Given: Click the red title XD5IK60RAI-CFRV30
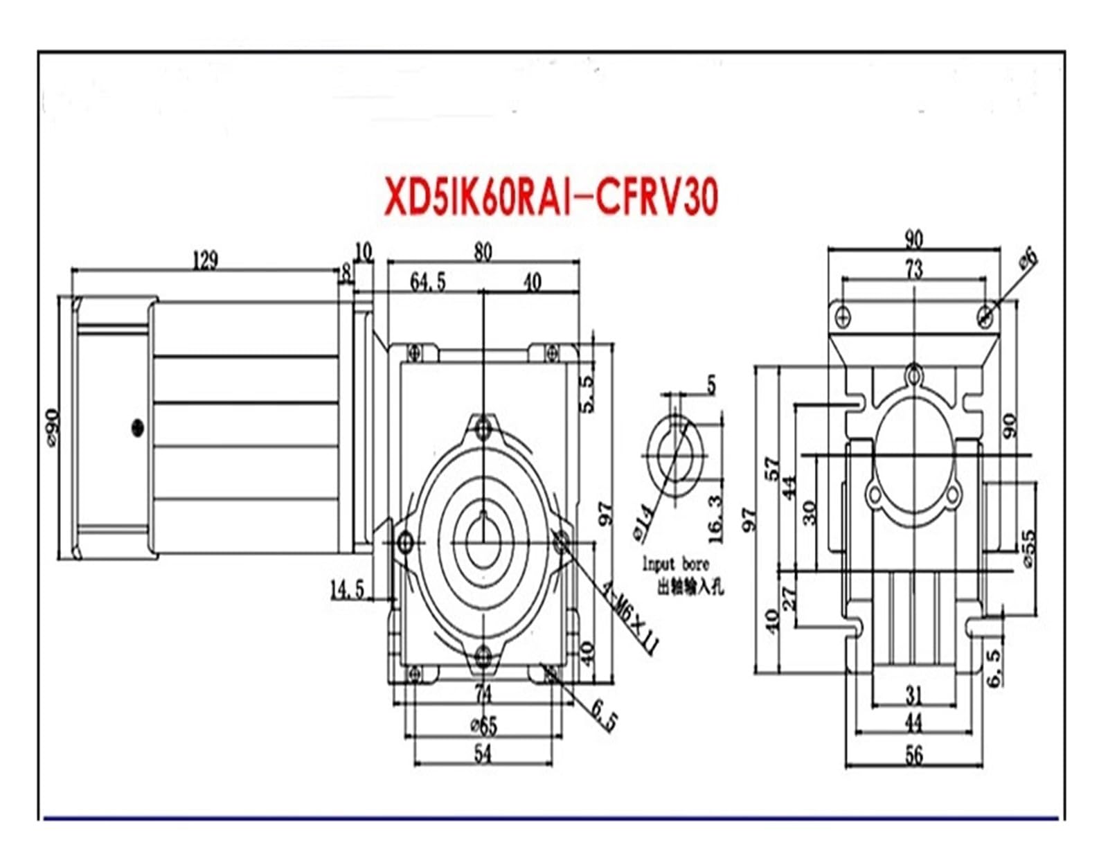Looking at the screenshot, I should point(551,197).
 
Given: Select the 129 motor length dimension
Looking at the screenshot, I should point(205,260).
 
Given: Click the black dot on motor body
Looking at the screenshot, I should point(137,427).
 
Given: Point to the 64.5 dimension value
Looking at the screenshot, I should point(428,282).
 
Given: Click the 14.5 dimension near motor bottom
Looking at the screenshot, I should point(347,590).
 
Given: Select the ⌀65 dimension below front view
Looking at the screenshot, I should point(483,725).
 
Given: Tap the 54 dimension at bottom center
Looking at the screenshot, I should point(483,754).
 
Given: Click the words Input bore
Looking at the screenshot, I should point(675,564).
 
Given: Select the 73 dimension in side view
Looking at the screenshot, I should point(914,269).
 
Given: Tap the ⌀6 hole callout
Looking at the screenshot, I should point(1028,258).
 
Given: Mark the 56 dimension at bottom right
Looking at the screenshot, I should point(914,755).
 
